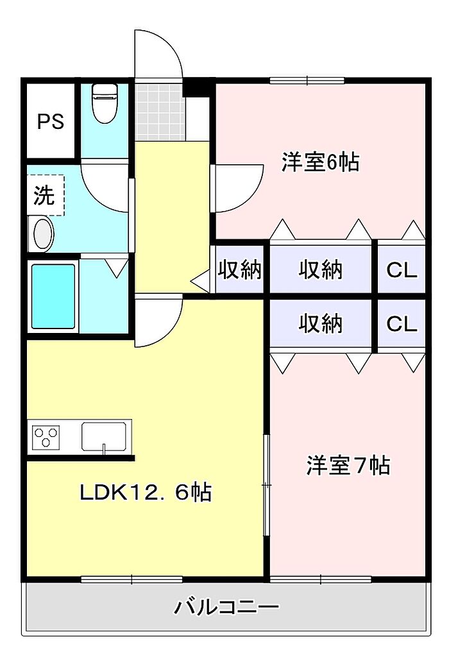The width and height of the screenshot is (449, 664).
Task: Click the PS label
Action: tap(50, 122)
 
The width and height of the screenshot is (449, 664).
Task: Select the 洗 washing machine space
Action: tap(45, 195)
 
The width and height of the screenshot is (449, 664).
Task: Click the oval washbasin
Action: tap(42, 234)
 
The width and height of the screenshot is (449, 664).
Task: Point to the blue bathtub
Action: tap(53, 296)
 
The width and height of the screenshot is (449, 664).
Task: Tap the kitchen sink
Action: tap(103, 436)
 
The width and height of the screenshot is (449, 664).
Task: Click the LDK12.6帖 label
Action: tap(146, 493)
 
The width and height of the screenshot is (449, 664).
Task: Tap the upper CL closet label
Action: tap(402, 270)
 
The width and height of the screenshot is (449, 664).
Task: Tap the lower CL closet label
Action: tap(402, 325)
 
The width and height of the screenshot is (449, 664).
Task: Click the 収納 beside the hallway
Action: tap(240, 270)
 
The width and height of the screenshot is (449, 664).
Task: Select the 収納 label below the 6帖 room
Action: tap(321, 270)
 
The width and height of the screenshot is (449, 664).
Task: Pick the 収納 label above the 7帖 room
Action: tap(321, 325)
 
